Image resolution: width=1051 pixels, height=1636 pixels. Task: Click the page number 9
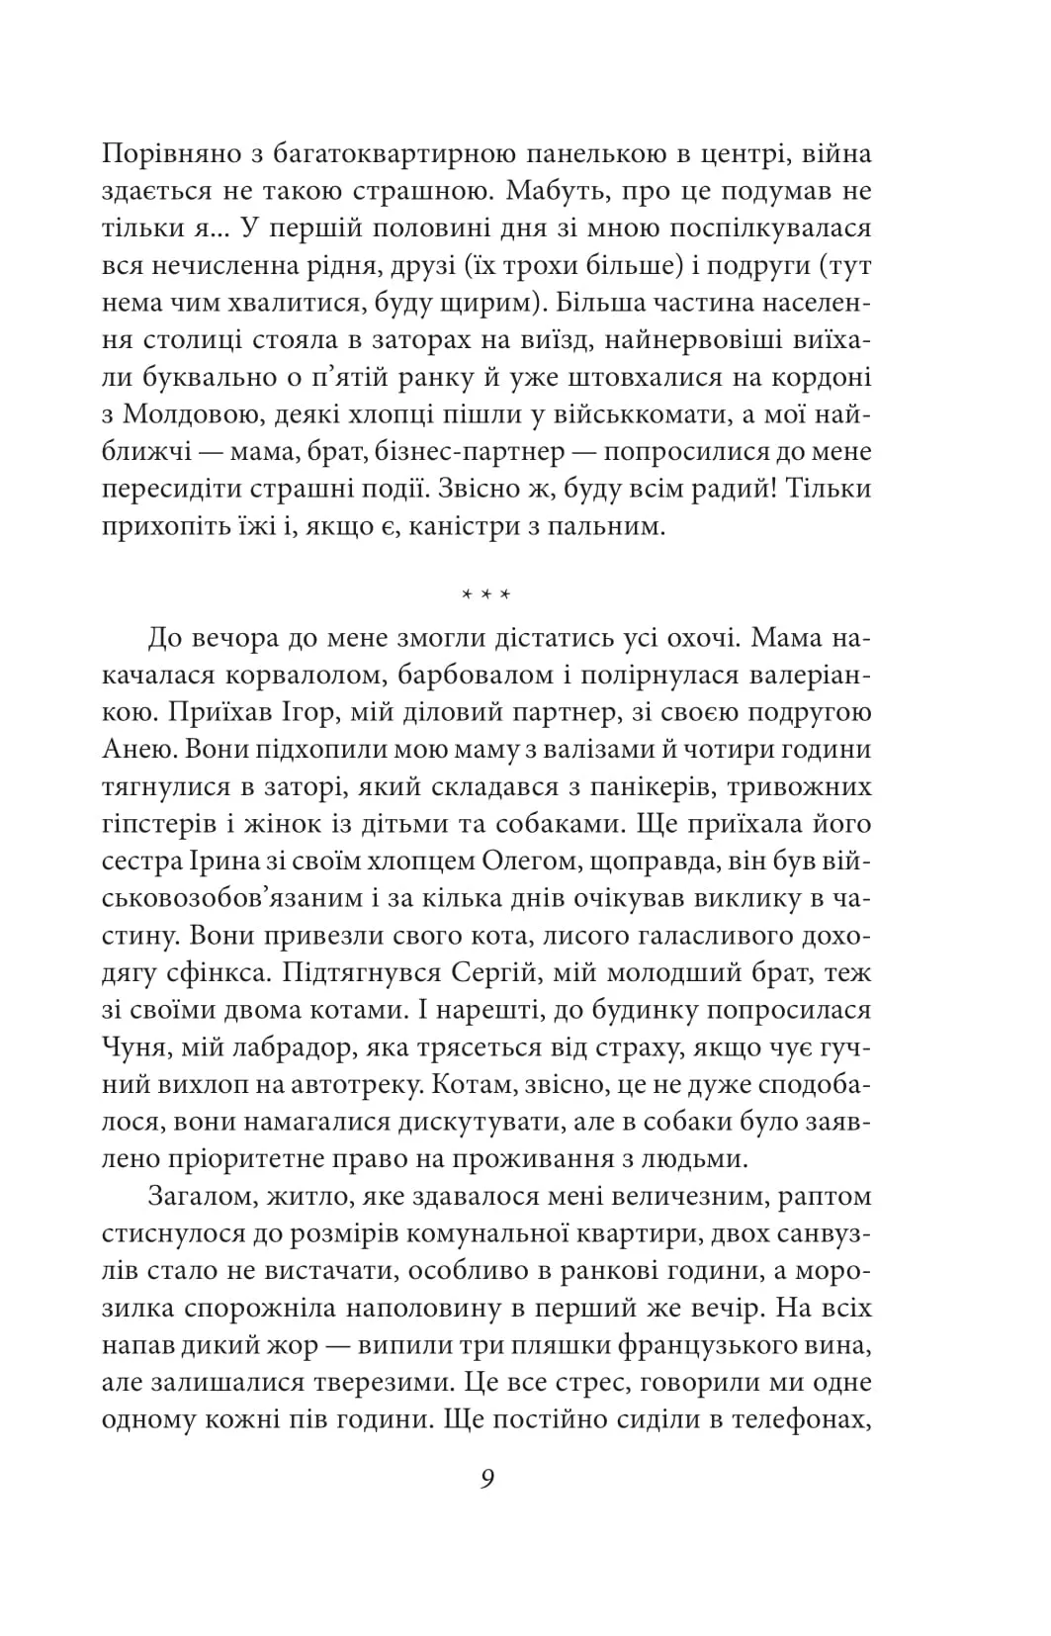pyautogui.click(x=486, y=1479)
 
